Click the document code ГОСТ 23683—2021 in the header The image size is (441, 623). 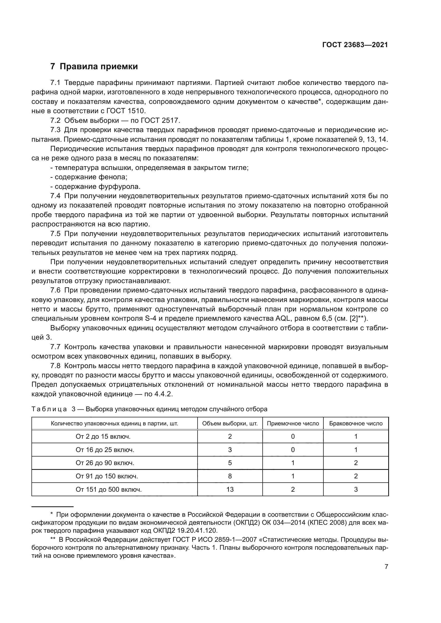355,45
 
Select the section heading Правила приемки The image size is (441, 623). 99,67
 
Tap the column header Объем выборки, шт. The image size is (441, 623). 230,424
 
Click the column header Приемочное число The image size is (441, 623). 293,424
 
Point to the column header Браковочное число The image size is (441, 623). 356,424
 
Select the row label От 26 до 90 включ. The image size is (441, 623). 105,463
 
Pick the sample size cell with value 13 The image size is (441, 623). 230,490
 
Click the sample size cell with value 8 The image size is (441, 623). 230,476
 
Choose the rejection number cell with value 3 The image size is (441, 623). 356,490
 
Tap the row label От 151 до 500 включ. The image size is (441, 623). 109,490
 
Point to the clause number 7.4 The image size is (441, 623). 55,196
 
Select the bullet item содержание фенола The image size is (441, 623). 91,177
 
